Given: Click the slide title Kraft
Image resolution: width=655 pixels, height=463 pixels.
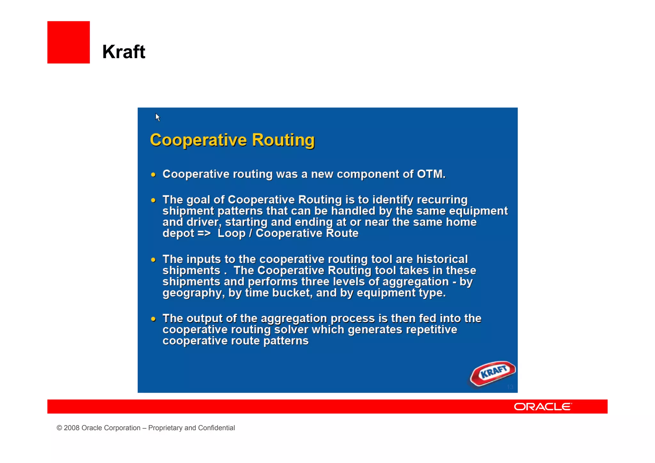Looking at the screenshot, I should coord(123,52).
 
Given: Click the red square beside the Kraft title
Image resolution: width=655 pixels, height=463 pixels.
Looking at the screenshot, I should coord(68,42).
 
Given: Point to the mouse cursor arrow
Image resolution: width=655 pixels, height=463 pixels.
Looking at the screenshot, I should coord(157,117).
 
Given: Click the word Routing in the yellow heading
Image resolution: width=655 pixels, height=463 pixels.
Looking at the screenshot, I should coord(283,140).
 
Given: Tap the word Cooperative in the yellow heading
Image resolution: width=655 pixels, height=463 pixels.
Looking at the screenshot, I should coord(198,140).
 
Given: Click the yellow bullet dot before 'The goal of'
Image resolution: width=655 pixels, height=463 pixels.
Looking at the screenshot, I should coord(154,200).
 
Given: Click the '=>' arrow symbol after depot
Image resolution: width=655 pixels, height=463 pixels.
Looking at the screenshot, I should coord(204,233).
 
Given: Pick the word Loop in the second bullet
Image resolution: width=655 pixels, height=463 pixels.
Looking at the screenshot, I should coord(231,233).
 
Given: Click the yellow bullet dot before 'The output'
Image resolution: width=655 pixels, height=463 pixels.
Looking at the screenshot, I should coord(154,319).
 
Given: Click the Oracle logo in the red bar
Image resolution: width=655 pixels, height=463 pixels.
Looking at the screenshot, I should coord(543,407).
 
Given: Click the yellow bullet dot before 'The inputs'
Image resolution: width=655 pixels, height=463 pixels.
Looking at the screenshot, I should coord(154,260).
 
